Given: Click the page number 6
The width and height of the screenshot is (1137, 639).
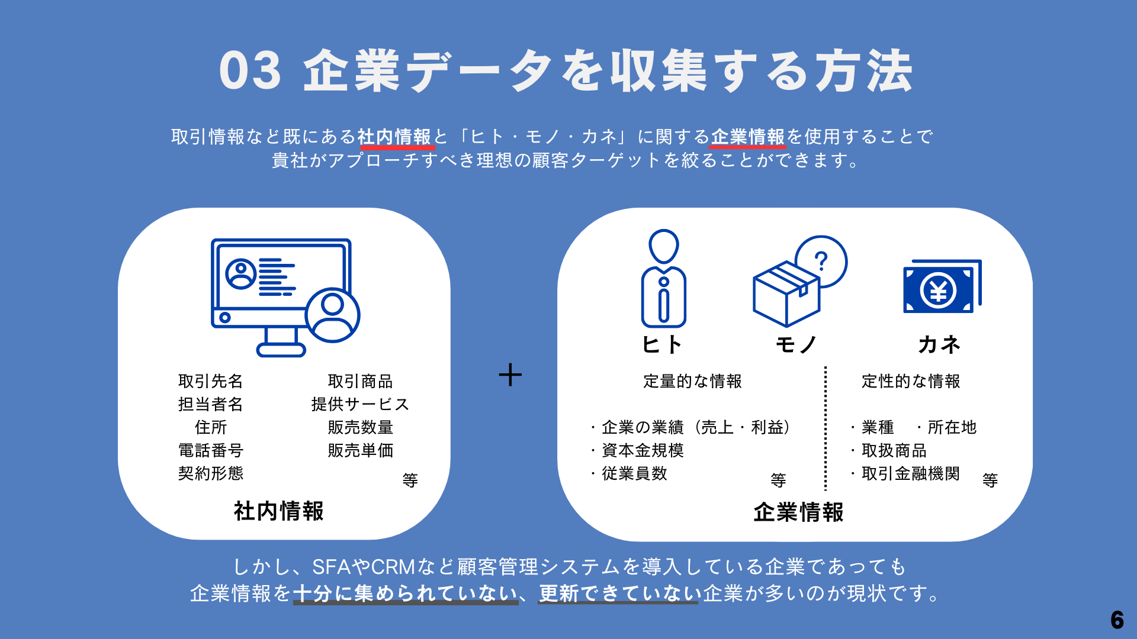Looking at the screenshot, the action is [x=1117, y=619].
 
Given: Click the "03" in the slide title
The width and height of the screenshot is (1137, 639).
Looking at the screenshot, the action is [x=250, y=70].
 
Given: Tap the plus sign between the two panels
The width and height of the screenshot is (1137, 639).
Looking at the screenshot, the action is [x=510, y=375].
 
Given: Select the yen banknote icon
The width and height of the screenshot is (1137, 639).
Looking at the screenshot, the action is [x=942, y=286].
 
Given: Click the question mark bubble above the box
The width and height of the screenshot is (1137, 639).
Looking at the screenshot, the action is [x=821, y=262].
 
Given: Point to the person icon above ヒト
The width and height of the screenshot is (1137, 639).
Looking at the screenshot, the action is [x=663, y=278].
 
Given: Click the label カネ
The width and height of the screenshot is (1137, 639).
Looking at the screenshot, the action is [x=939, y=344].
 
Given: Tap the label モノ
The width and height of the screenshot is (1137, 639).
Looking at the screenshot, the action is [x=796, y=344].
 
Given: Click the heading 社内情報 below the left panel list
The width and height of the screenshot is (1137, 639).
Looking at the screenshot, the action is [x=278, y=511].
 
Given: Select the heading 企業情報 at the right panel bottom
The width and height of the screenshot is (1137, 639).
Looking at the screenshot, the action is [x=798, y=512].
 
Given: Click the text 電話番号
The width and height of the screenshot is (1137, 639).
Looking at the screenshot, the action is [x=211, y=450].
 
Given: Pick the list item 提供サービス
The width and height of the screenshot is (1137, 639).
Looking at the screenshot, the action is [x=360, y=404].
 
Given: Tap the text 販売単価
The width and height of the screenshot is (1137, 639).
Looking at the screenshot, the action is [x=360, y=450].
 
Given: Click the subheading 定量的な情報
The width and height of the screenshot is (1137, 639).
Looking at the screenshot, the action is [x=692, y=381].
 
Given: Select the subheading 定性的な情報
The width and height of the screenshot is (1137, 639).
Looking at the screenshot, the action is [x=911, y=381].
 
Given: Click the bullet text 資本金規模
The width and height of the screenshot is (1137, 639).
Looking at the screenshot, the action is [x=643, y=450].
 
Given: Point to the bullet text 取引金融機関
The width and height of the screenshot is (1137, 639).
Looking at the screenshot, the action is [x=910, y=473].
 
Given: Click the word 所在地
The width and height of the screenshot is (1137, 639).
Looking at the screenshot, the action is [x=952, y=427].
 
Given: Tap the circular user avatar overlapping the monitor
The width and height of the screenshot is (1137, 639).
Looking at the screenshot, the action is [x=333, y=315].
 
